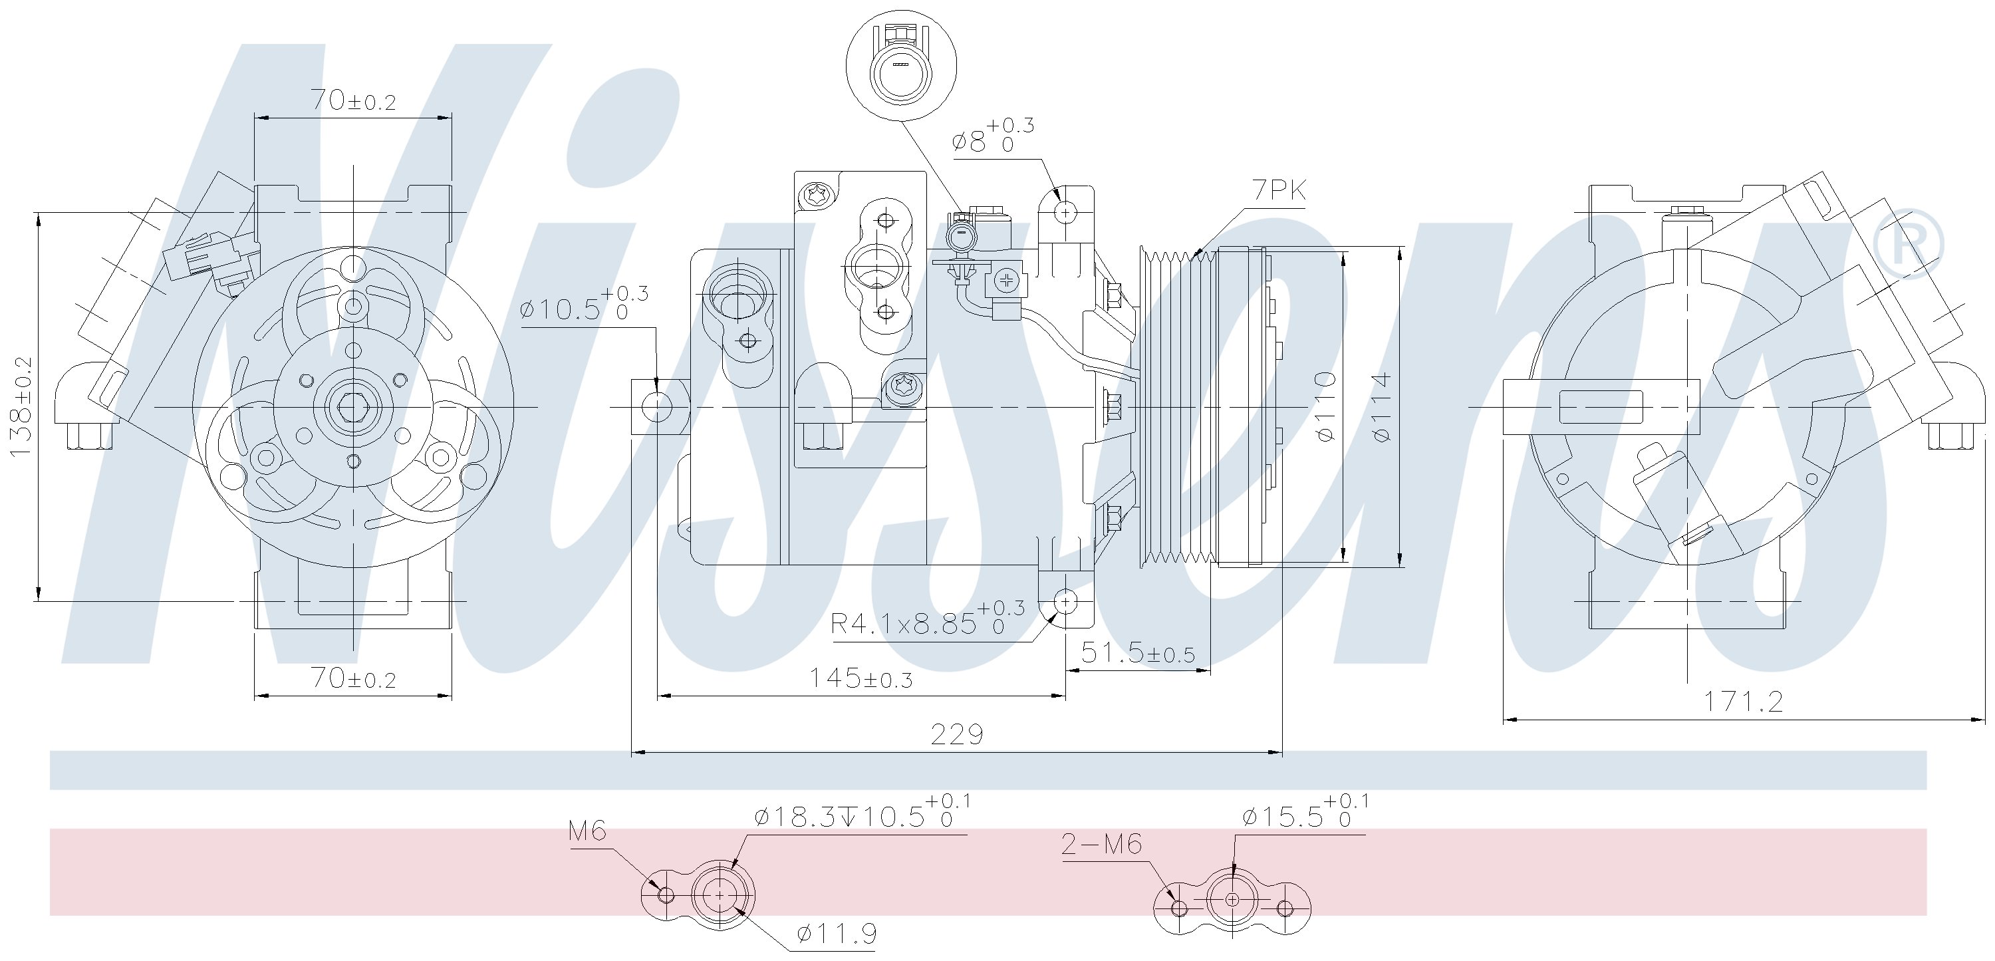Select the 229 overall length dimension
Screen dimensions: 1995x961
pyautogui.click(x=956, y=734)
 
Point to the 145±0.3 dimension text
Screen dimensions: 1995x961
pyautogui.click(x=861, y=678)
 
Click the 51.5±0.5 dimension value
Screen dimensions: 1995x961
pyautogui.click(x=1138, y=654)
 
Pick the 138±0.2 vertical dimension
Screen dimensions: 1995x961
pyautogui.click(x=23, y=406)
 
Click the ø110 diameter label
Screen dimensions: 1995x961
pyautogui.click(x=1325, y=406)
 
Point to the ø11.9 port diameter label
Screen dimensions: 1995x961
pyautogui.click(x=837, y=934)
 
